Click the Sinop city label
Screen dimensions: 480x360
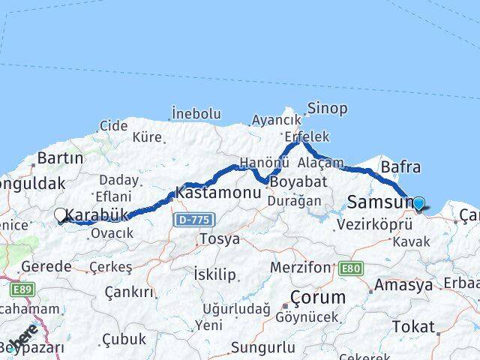point(327,109)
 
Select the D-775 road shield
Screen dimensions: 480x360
point(195,220)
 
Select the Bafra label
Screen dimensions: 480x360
point(400,167)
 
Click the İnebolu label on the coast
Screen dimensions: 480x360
point(196,114)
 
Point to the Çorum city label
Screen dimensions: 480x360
point(319,297)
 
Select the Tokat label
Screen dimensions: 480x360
point(412,327)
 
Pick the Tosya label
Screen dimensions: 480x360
point(219,239)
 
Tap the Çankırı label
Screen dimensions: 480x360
point(129,292)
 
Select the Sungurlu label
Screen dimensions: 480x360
point(262,347)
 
